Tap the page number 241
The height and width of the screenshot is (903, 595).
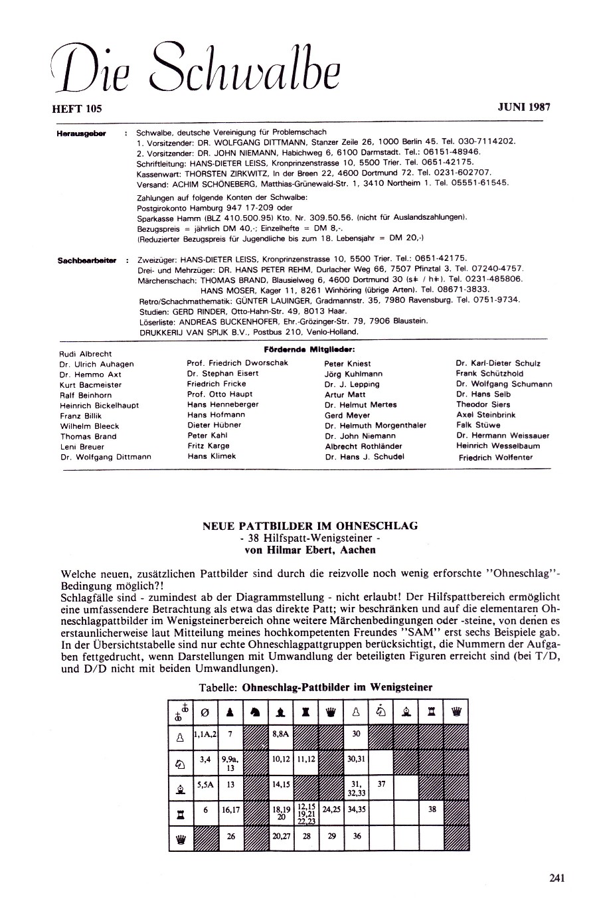557,878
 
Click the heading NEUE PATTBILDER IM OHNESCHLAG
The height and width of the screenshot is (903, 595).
310,526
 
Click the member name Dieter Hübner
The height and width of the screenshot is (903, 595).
208,425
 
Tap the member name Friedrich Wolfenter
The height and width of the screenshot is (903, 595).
491,457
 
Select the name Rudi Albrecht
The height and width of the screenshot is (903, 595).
86,354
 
